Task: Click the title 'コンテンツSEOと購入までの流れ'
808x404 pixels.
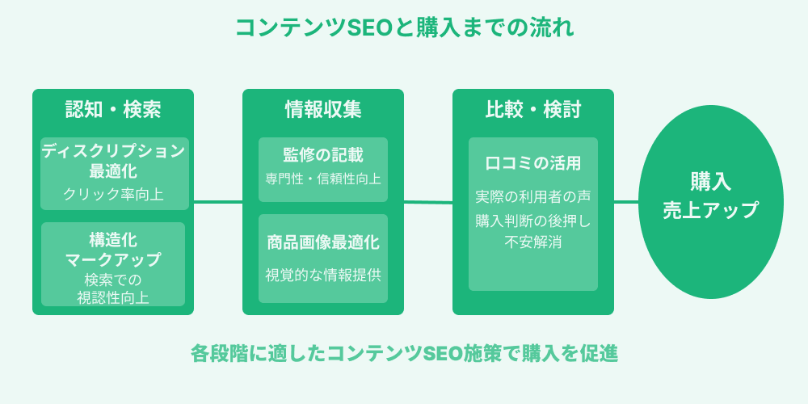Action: tap(404, 28)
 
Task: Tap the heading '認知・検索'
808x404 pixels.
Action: tap(113, 110)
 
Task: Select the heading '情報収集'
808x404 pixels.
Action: tap(323, 110)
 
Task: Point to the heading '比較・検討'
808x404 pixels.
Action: tap(533, 110)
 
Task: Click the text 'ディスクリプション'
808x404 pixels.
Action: tap(113, 151)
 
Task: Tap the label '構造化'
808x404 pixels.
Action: tap(113, 240)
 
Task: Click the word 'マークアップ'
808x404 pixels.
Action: tap(113, 259)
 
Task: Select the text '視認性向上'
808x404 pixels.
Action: tap(113, 297)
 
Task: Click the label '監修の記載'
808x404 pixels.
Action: tap(323, 155)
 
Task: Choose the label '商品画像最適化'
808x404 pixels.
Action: tap(323, 242)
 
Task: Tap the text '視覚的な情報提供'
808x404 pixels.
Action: tap(323, 274)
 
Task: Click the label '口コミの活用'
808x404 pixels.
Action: tap(533, 163)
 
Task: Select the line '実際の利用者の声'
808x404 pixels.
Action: tap(533, 196)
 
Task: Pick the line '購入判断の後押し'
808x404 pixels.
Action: tap(533, 219)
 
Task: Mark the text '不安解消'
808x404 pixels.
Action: tap(533, 242)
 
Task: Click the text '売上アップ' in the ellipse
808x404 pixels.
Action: tap(711, 210)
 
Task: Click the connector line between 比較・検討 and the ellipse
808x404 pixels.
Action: tap(626, 202)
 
